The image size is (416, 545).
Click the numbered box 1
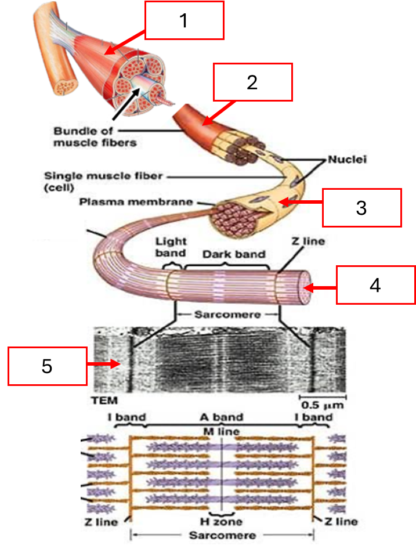click(x=184, y=20)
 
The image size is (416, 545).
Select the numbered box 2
click(x=252, y=82)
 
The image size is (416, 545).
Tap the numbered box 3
click(x=361, y=207)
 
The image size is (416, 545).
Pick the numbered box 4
click(x=376, y=285)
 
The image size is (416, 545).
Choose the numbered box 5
click(x=48, y=366)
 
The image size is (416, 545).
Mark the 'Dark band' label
click(x=233, y=254)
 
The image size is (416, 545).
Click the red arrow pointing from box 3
click(x=299, y=203)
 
